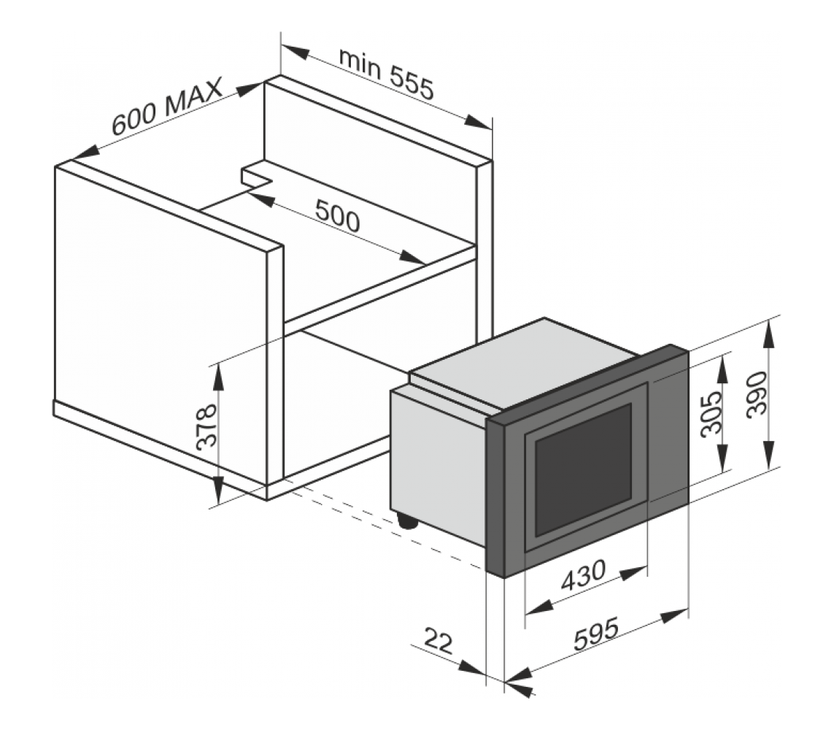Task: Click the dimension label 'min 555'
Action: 386,73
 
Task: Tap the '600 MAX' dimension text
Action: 166,107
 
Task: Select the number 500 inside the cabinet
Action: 337,215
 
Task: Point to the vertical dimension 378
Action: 206,427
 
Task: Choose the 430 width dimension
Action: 583,576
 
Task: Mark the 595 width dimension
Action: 596,634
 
